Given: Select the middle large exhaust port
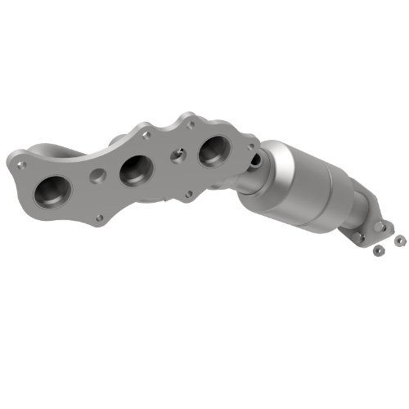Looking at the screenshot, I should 133,172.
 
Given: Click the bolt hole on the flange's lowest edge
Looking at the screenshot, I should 100,218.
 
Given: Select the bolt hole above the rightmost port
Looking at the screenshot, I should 192,122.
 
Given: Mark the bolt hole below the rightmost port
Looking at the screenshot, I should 190,194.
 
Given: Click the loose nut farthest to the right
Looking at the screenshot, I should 401,241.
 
